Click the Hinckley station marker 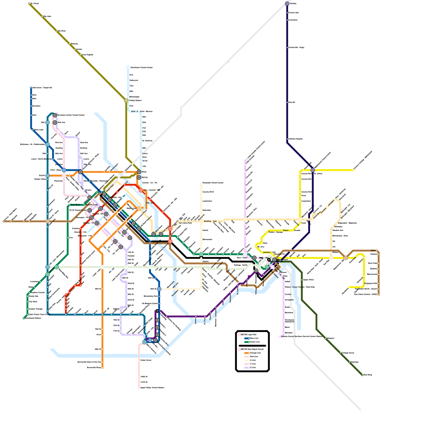[x=287, y=4]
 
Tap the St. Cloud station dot [x=29, y=4]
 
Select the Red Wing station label [x=368, y=375]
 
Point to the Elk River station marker [x=57, y=31]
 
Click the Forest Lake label [x=294, y=13]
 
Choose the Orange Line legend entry [x=255, y=353]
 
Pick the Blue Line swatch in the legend [x=247, y=338]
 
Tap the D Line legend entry [x=253, y=367]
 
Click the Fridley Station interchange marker [x=126, y=100]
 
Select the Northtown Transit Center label [x=142, y=67]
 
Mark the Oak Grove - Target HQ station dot [x=31, y=88]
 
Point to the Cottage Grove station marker [x=340, y=353]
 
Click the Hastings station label [x=354, y=362]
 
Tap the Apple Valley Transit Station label [x=152, y=388]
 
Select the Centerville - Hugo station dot [x=287, y=47]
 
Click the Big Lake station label [x=47, y=16]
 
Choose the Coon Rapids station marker [x=80, y=55]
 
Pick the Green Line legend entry [x=255, y=342]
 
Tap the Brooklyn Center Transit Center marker [x=55, y=115]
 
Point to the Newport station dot [x=326, y=338]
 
